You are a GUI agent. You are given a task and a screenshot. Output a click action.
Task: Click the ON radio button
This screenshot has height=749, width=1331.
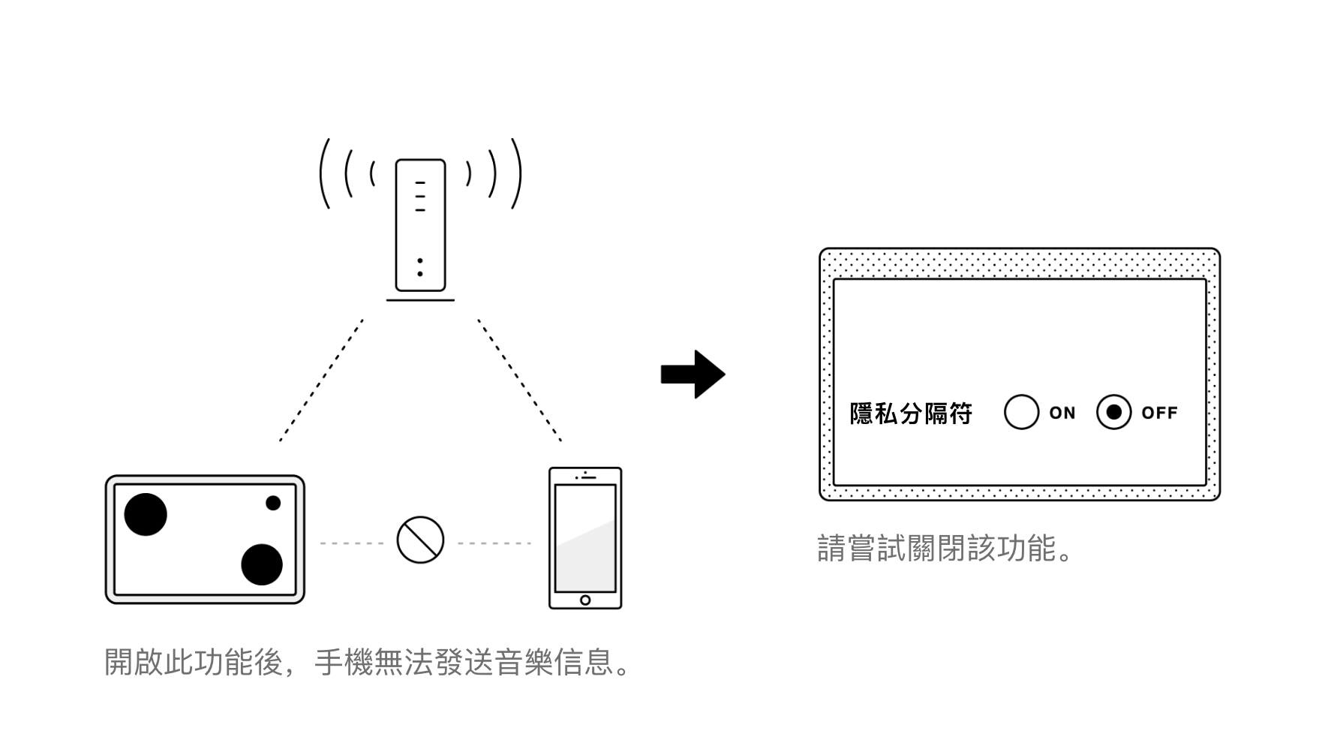pos(1021,412)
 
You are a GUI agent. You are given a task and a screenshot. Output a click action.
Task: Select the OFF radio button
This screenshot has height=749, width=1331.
pos(1113,412)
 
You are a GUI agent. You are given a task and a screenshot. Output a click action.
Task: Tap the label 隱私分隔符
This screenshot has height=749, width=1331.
pos(911,414)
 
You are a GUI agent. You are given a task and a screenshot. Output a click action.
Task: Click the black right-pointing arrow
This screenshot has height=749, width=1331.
pos(693,374)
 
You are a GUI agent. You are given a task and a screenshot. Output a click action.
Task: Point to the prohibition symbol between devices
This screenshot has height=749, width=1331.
pos(420,540)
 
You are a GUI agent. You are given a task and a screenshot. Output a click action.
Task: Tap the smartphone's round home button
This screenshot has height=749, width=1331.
pos(585,600)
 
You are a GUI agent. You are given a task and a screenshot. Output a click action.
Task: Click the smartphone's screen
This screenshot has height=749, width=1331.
pos(585,537)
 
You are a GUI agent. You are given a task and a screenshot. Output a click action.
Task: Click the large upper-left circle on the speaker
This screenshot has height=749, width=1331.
pos(146,514)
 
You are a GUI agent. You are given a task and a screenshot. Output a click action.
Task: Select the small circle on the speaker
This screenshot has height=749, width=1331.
pos(273,503)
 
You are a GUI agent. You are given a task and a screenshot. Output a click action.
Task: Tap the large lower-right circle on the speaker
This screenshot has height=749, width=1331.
pos(262,564)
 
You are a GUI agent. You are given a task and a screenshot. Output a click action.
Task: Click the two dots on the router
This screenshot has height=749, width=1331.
pos(420,267)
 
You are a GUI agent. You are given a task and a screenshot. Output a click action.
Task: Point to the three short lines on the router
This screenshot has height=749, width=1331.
pos(420,196)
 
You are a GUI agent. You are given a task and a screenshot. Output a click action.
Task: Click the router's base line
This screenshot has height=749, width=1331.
pos(420,300)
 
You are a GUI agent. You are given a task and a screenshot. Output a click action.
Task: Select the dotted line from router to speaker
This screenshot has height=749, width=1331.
pos(321,380)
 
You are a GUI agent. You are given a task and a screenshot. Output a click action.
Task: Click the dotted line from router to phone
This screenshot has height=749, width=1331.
pos(520,380)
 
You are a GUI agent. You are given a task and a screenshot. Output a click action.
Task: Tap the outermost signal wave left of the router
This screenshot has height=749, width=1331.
pos(323,173)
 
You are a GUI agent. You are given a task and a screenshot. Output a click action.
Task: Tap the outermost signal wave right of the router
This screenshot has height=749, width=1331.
pos(517,173)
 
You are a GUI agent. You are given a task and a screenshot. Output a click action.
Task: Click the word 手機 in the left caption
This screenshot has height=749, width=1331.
pos(343,662)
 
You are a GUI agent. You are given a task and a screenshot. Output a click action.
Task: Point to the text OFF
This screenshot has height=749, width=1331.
pos(1159,413)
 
